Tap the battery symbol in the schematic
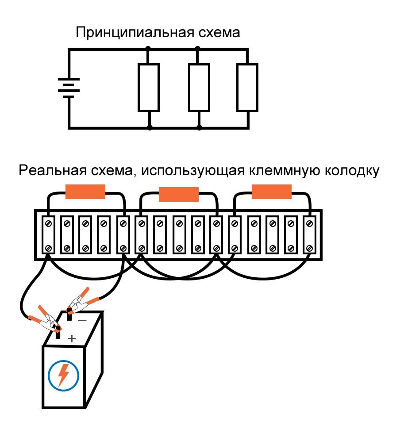click(x=69, y=88)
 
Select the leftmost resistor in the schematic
click(x=149, y=87)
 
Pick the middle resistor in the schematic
click(x=199, y=87)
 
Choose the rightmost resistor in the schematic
click(x=247, y=87)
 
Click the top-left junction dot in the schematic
click(x=149, y=50)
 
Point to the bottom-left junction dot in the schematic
click(x=150, y=128)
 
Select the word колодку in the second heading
click(x=352, y=171)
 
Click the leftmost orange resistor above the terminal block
click(x=85, y=191)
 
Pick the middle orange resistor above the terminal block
click(x=179, y=195)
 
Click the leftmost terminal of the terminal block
click(x=48, y=235)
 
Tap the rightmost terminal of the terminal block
click(x=308, y=235)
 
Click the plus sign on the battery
click(x=72, y=339)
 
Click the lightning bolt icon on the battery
click(x=63, y=375)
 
